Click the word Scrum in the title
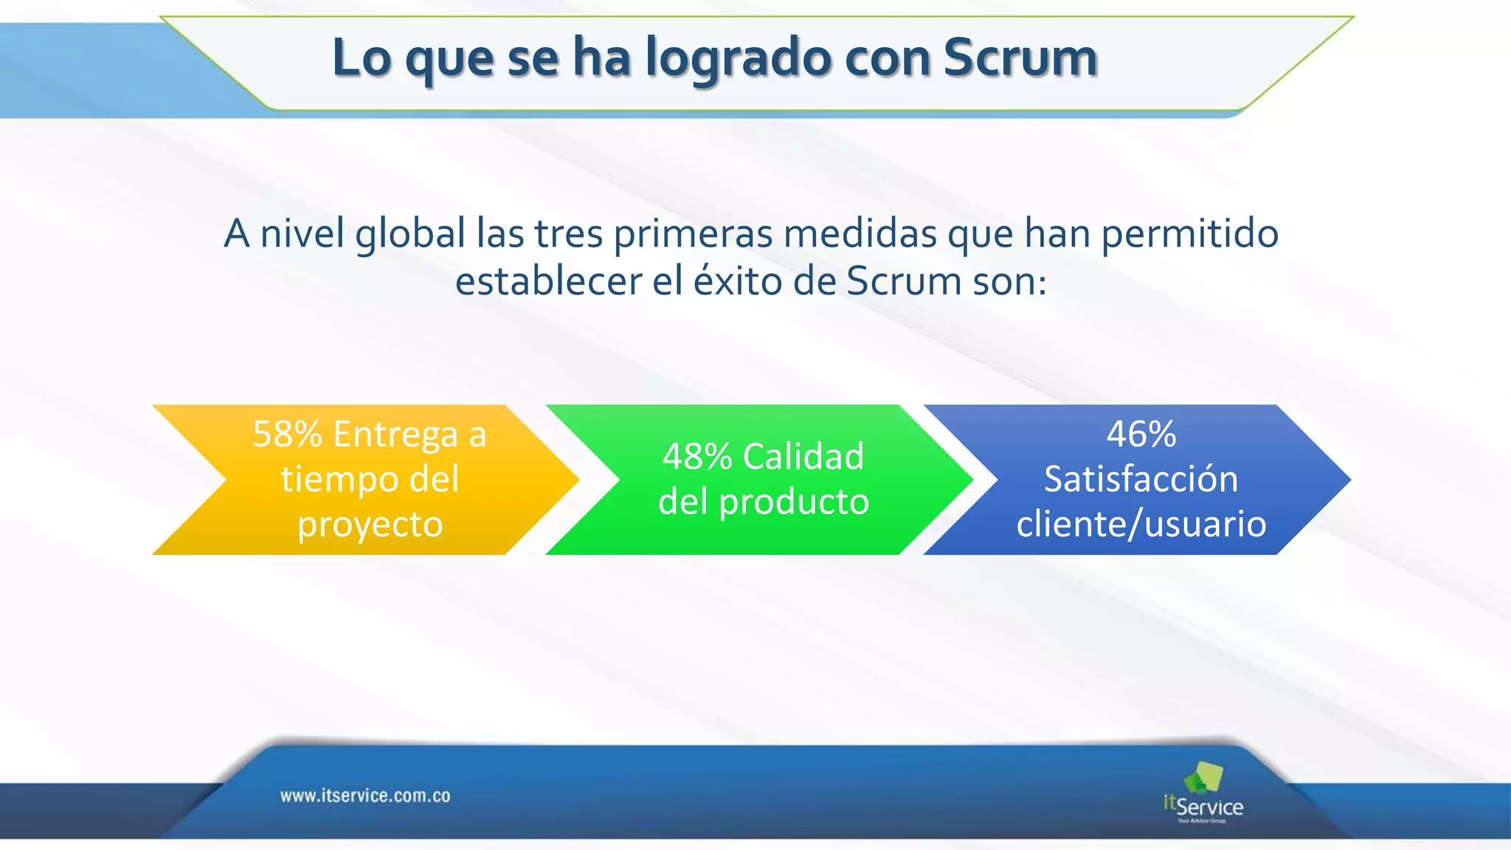tap(1020, 58)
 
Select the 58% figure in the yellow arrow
tap(287, 434)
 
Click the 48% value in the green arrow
tap(696, 457)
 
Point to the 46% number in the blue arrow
tap(1141, 434)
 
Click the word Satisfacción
tap(1141, 479)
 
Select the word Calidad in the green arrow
tap(803, 457)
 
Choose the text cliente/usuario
tap(1141, 524)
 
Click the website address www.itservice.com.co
tap(365, 796)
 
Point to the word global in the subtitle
tap(410, 234)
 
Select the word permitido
tap(1189, 234)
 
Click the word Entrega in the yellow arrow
tap(395, 434)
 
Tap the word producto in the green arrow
tap(794, 502)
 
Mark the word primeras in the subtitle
tap(693, 234)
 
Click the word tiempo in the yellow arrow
tap(336, 480)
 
